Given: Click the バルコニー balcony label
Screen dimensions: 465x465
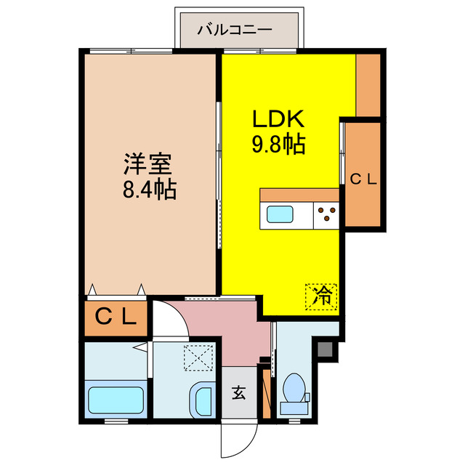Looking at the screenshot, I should click(236, 31).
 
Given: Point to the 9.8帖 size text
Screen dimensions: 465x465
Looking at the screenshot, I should click(278, 145).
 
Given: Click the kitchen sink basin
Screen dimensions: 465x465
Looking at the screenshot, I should click(280, 215).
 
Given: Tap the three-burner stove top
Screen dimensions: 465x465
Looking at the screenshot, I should click(326, 214).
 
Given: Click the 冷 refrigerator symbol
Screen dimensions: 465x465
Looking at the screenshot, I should click(321, 296).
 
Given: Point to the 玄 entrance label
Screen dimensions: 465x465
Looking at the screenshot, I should click(238, 394).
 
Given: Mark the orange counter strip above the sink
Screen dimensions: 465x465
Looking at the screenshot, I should click(299, 195).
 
